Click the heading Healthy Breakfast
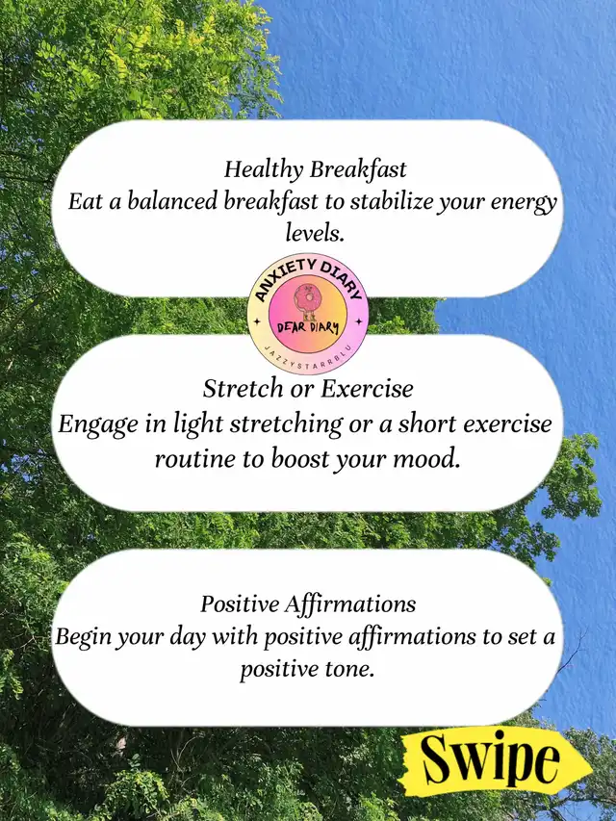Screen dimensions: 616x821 (x=316, y=170)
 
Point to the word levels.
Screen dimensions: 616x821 (x=315, y=233)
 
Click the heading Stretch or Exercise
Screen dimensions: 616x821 (x=308, y=389)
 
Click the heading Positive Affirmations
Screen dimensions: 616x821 (x=308, y=604)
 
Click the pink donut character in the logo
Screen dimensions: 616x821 (x=305, y=300)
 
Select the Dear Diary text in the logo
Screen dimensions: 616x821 (x=308, y=329)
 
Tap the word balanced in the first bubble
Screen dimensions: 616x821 (x=172, y=201)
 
